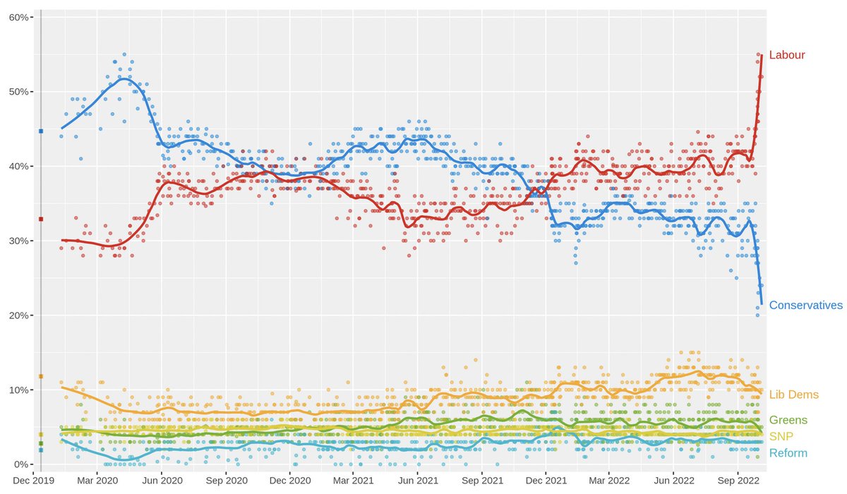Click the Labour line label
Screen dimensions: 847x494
click(787, 55)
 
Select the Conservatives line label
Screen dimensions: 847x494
click(806, 305)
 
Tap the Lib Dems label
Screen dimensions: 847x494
click(793, 394)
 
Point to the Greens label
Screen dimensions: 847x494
click(788, 420)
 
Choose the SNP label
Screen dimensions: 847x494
click(781, 437)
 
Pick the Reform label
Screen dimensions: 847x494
click(788, 453)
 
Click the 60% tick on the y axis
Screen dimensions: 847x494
click(19, 18)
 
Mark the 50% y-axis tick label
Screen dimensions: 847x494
click(19, 92)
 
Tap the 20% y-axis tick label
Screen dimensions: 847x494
click(19, 315)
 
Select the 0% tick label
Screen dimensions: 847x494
click(22, 464)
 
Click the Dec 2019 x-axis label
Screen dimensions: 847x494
click(33, 481)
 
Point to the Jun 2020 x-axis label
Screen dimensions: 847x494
click(162, 481)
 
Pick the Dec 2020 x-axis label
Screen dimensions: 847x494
click(290, 481)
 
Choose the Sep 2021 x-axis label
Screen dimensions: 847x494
click(483, 481)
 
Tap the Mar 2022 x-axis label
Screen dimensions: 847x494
click(609, 481)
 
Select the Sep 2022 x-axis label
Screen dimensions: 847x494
click(738, 481)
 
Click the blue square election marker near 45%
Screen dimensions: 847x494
click(41, 131)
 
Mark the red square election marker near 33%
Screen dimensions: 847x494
click(41, 219)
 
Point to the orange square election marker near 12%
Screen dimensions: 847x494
click(41, 376)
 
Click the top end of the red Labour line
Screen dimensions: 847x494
click(762, 55)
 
